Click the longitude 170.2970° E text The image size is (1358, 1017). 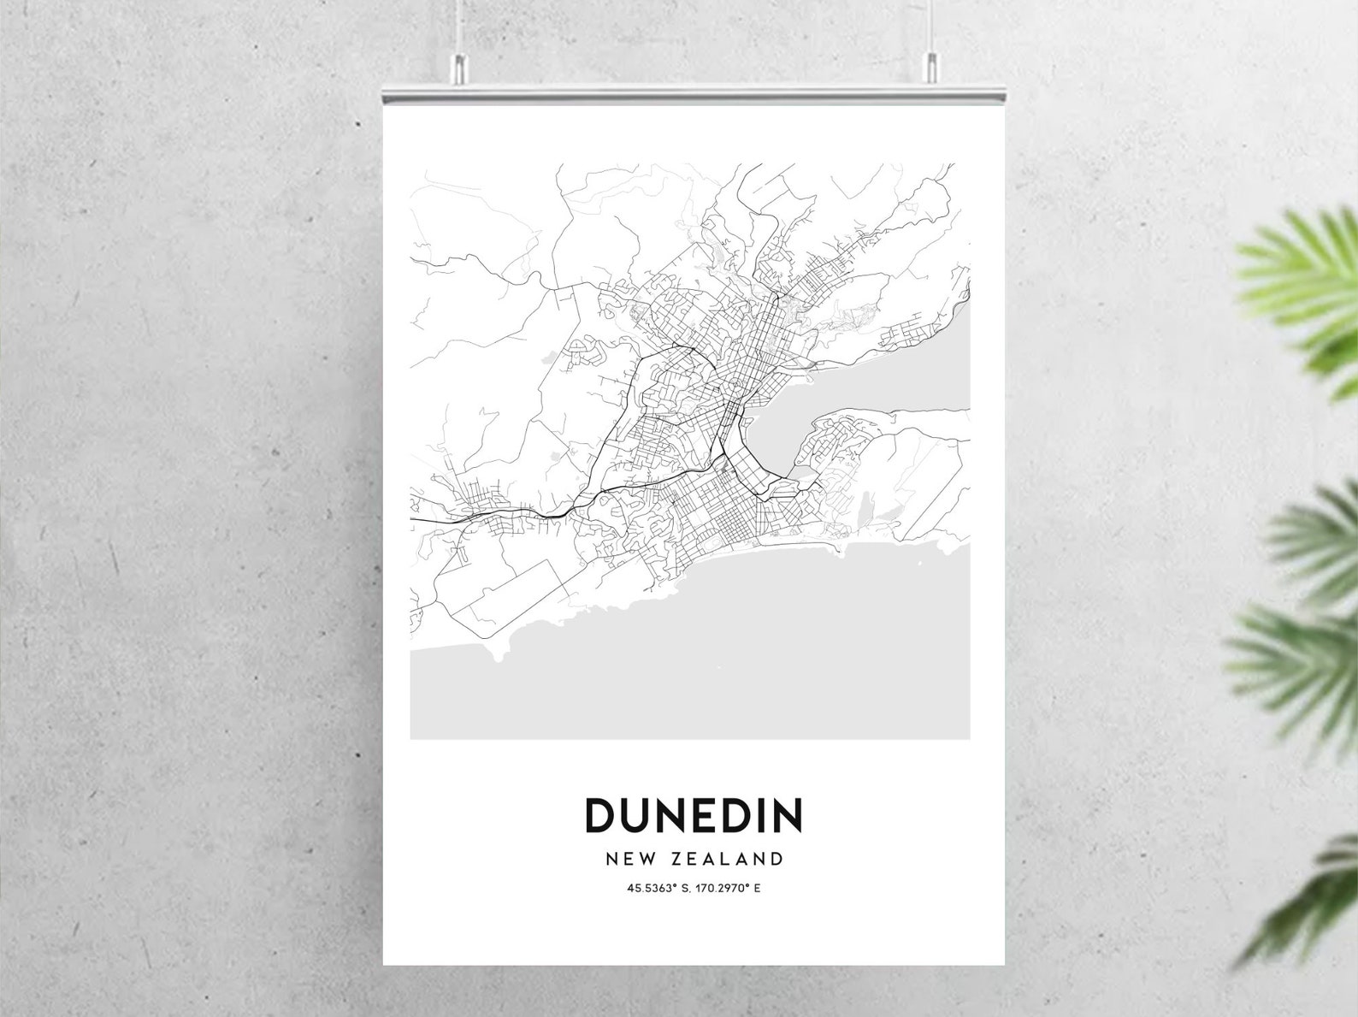[x=728, y=889]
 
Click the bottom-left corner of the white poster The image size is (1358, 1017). [x=384, y=964]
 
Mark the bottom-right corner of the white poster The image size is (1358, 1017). [x=1004, y=964]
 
